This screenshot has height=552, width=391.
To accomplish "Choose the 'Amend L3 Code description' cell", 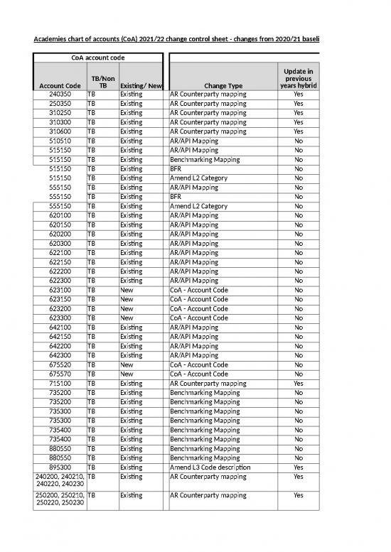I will point(210,467).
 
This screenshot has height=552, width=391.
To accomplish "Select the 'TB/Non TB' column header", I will point(101,81).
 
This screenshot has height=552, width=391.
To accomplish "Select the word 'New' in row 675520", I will point(127,364).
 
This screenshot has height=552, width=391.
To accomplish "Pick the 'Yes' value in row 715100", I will point(298,383).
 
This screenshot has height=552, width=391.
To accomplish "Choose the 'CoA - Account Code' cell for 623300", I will point(198,318).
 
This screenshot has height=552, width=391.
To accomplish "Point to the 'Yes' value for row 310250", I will point(298,113).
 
